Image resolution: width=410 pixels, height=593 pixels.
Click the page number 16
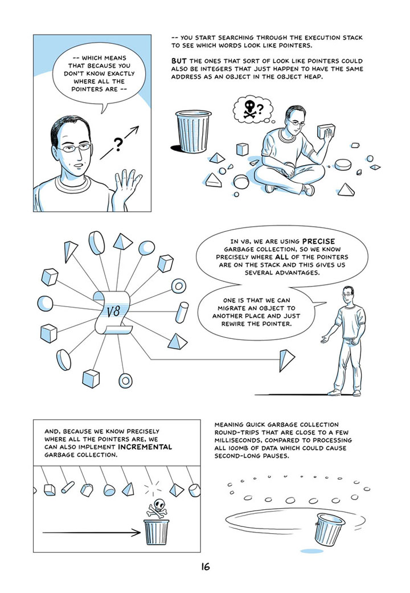pyautogui.click(x=206, y=567)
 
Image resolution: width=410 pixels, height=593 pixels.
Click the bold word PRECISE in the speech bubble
pyautogui.click(x=318, y=242)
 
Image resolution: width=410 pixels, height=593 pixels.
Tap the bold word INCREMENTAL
pyautogui.click(x=145, y=447)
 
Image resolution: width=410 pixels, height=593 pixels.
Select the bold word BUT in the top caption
pyautogui.click(x=179, y=61)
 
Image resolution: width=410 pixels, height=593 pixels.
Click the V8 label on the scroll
pyautogui.click(x=112, y=312)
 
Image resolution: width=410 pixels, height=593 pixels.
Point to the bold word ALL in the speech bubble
pyautogui.click(x=282, y=257)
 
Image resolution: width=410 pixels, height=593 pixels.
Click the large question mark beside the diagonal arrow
pyautogui.click(x=118, y=145)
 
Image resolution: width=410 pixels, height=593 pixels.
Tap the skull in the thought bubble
pyautogui.click(x=249, y=108)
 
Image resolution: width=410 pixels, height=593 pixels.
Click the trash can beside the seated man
pyautogui.click(x=193, y=130)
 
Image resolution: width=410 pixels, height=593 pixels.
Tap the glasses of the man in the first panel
pyautogui.click(x=77, y=148)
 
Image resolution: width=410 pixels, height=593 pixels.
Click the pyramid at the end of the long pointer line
pyautogui.click(x=286, y=361)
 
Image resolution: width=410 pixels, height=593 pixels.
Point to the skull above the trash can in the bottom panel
pyautogui.click(x=157, y=505)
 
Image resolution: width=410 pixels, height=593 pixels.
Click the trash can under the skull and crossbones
pyautogui.click(x=156, y=531)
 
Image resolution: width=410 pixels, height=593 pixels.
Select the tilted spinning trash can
pyautogui.click(x=329, y=530)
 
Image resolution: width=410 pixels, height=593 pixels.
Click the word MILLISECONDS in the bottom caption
pyautogui.click(x=237, y=440)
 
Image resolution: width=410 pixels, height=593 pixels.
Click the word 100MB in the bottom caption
pyautogui.click(x=237, y=448)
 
